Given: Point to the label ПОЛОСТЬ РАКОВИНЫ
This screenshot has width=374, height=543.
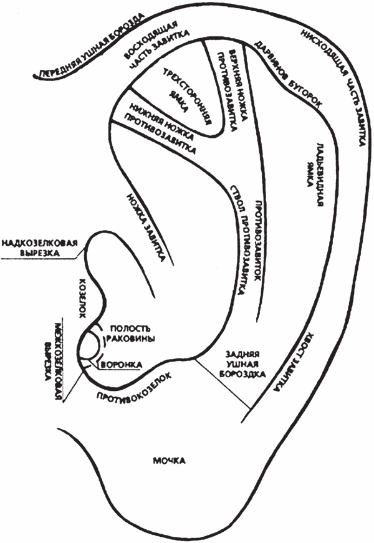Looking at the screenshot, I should point(132,334).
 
